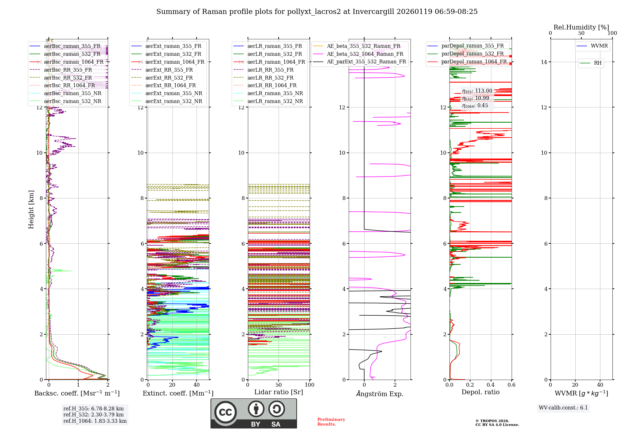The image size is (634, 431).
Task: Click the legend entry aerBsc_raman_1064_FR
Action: (74, 62)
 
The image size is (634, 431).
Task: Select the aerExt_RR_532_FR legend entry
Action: (169, 78)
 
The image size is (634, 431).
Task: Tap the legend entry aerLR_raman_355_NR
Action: (275, 93)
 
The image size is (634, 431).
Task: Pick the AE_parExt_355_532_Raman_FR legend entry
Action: (366, 62)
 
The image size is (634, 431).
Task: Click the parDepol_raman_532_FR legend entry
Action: (472, 54)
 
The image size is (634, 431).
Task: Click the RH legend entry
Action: (598, 63)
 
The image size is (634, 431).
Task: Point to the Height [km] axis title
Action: (31, 209)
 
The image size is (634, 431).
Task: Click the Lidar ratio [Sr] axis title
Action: (279, 392)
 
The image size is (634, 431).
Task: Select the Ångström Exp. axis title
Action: (380, 394)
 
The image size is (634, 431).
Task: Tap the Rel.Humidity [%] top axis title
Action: (581, 27)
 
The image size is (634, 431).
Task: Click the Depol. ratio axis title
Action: (480, 392)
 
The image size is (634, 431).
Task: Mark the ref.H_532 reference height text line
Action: (94, 415)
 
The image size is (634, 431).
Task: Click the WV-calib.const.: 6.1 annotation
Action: (563, 408)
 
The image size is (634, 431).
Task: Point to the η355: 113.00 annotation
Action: (477, 91)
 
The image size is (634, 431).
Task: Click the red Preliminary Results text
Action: (331, 422)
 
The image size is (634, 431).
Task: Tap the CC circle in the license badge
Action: (225, 412)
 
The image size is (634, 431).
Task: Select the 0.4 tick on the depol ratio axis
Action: (491, 385)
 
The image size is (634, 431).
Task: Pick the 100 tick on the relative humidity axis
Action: (612, 33)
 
